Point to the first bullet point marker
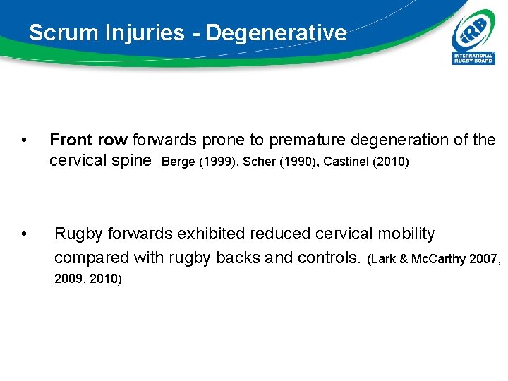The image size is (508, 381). [25, 140]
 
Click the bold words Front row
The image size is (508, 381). [89, 140]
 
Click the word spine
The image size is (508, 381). [132, 160]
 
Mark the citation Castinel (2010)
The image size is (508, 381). [365, 162]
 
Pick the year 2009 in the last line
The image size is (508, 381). [68, 279]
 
